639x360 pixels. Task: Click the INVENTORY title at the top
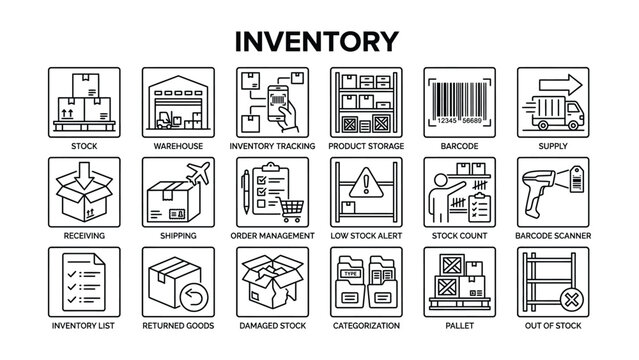(319, 39)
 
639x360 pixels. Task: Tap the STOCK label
(83, 146)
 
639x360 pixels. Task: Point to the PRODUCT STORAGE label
(366, 146)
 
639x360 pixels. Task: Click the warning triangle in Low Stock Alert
(365, 185)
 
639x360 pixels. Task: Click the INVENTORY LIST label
(83, 326)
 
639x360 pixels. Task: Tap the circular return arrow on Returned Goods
(194, 296)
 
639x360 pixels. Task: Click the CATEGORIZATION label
(366, 326)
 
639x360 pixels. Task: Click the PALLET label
(460, 326)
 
